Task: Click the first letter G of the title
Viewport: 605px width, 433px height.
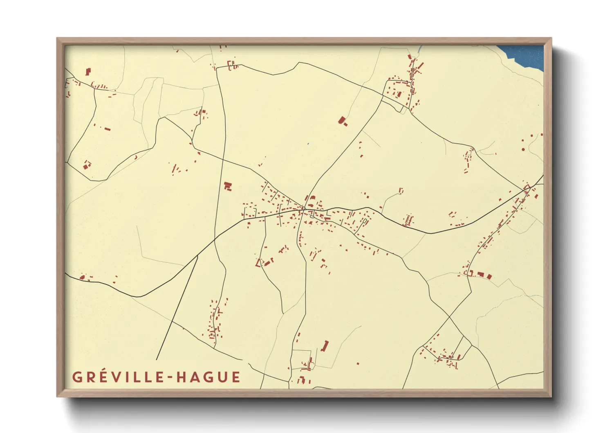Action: click(x=77, y=377)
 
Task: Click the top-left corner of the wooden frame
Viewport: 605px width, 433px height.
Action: click(x=58, y=39)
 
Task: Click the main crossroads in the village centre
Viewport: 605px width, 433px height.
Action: click(x=305, y=210)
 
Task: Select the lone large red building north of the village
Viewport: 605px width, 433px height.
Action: click(x=343, y=121)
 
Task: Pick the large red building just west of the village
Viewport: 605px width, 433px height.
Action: click(x=228, y=186)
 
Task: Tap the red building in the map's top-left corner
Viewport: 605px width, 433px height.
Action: click(x=88, y=72)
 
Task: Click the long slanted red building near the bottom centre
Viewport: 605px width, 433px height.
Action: click(x=325, y=346)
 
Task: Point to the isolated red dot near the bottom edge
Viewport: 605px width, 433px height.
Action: click(x=358, y=363)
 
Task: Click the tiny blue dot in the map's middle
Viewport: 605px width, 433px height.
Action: click(x=308, y=144)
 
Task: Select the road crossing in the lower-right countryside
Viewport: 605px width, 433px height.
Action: click(x=449, y=317)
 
